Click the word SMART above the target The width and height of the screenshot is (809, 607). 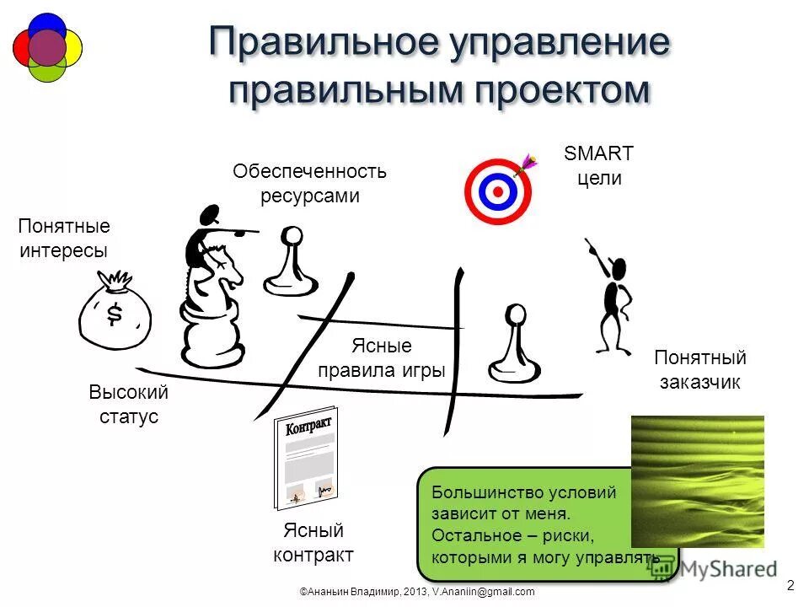point(598,153)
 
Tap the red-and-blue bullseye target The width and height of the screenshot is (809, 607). point(498,191)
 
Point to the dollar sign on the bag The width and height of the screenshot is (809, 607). point(115,314)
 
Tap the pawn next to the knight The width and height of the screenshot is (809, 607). point(291,261)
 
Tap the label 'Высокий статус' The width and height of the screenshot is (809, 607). point(129,405)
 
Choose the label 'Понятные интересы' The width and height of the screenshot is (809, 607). point(64,239)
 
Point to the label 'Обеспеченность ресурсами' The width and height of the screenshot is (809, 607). point(309,184)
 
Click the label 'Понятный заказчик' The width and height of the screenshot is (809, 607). point(699,370)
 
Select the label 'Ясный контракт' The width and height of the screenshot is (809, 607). point(313,543)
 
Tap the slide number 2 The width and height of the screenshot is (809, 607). point(790,585)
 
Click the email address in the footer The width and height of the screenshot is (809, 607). point(484,592)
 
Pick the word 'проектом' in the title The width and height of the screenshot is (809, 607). point(555,90)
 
